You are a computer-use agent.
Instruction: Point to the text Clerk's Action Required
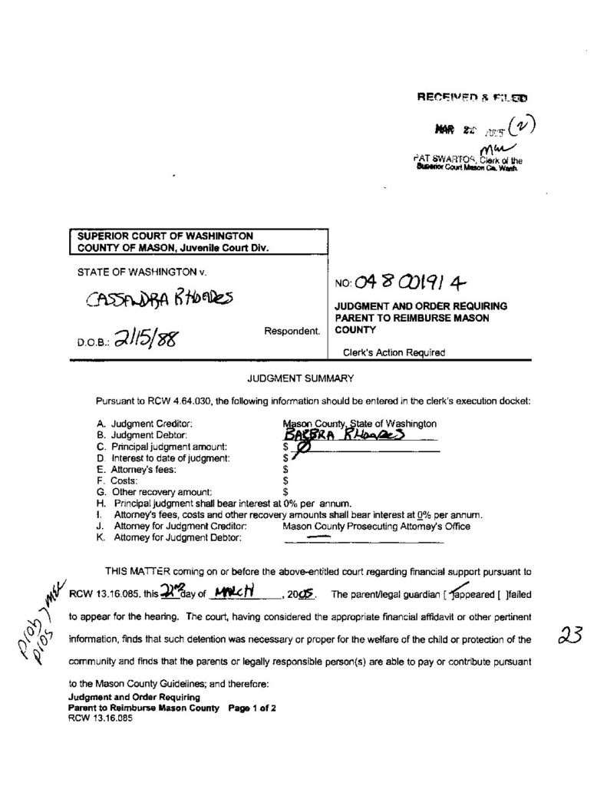[394, 352]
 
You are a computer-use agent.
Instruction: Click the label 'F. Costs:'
[117, 480]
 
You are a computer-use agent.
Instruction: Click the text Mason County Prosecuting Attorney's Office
[376, 526]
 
